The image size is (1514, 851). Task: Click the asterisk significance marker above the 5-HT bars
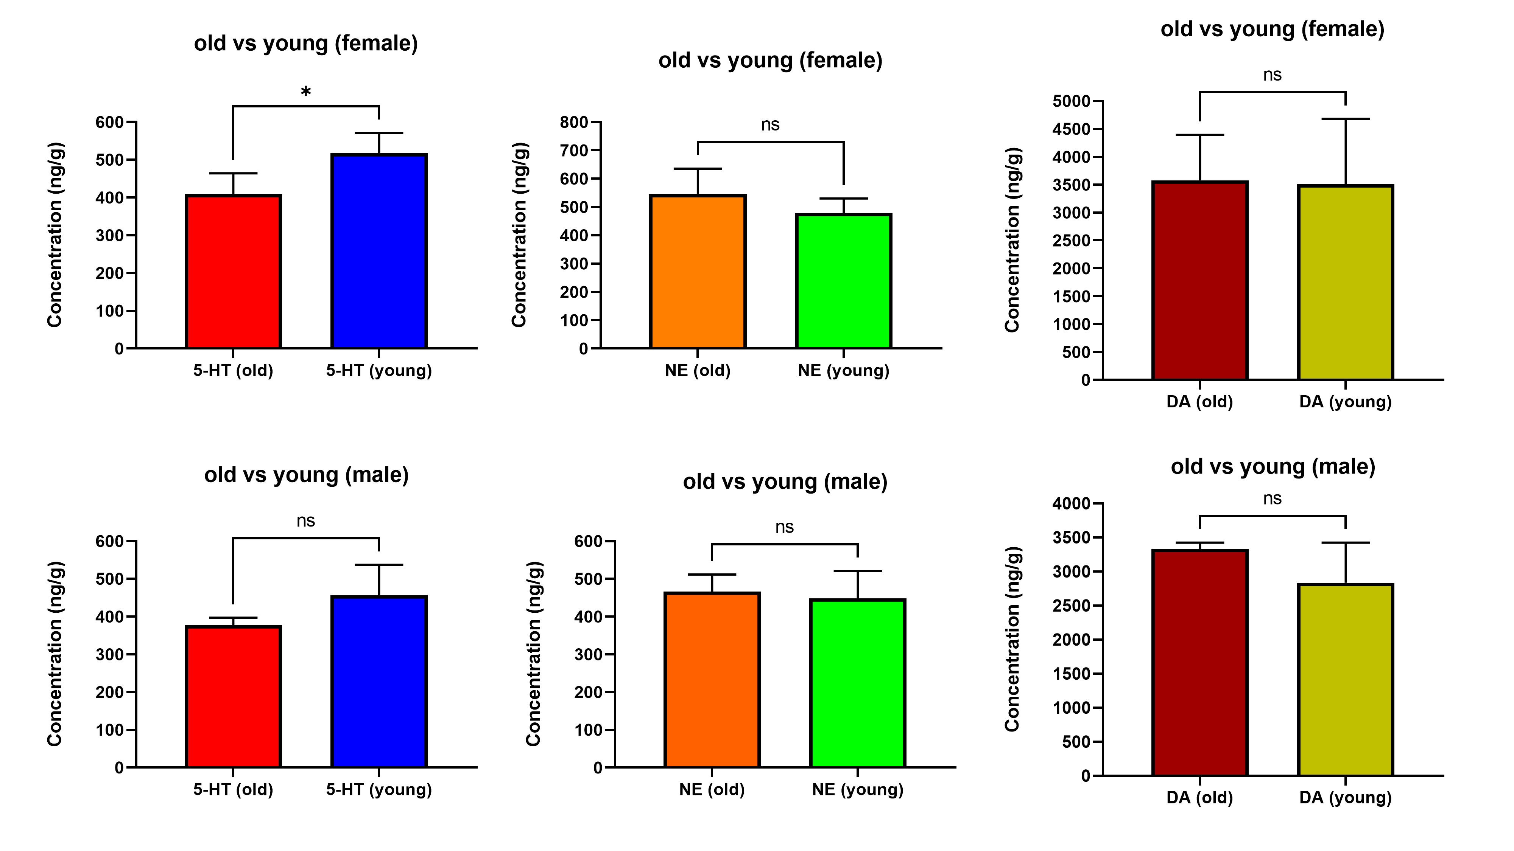[305, 92]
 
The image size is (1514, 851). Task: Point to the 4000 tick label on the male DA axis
[1072, 503]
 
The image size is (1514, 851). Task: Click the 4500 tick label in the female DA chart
[1072, 129]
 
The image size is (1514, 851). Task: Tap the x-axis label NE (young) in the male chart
[858, 789]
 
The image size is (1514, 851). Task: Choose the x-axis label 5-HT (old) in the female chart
[233, 371]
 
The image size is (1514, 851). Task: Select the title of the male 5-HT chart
[306, 475]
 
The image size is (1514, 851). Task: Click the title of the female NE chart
[770, 61]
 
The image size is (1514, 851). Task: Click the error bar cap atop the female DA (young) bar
[1345, 119]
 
